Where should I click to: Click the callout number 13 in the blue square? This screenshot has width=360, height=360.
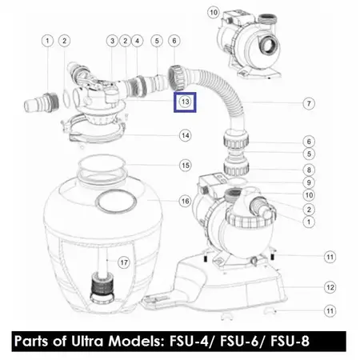(185, 102)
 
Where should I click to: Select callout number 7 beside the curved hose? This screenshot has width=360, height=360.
(309, 103)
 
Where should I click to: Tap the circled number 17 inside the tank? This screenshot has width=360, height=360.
(124, 262)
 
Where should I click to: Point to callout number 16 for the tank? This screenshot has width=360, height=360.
(186, 202)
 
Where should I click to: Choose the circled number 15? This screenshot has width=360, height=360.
(186, 166)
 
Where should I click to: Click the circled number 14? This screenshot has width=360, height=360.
(186, 136)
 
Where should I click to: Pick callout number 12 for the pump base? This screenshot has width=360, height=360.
(330, 287)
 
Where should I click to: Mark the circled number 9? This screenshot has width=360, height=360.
(309, 182)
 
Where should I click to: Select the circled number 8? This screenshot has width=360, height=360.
(309, 170)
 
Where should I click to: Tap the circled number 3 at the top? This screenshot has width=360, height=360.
(112, 41)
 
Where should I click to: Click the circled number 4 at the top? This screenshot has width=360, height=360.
(137, 41)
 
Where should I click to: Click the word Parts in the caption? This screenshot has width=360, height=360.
(32, 341)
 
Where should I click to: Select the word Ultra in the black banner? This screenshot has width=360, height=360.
(87, 341)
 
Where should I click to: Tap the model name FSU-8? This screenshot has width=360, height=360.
(290, 341)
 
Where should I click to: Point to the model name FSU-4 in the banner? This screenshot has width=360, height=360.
(189, 341)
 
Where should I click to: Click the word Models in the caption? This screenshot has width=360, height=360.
(137, 341)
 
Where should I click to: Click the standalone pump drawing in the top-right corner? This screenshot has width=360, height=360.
(250, 44)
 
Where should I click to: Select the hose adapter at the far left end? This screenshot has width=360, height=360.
(42, 102)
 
